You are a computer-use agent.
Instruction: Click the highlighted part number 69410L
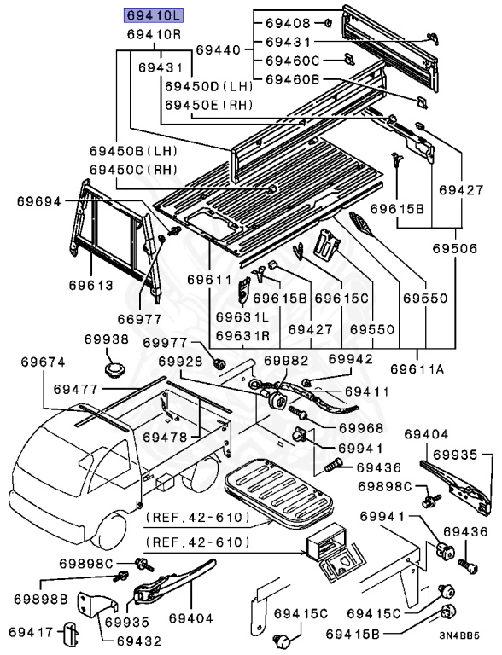(154, 16)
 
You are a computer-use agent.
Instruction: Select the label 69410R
(155, 34)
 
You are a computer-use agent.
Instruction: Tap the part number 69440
(219, 50)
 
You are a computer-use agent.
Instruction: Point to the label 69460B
(293, 79)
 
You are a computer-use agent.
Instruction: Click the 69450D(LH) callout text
(209, 86)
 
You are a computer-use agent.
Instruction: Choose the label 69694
(39, 202)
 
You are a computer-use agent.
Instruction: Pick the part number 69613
(91, 286)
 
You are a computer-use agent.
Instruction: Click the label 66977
(139, 319)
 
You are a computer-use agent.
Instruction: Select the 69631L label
(242, 317)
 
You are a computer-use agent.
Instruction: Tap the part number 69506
(455, 248)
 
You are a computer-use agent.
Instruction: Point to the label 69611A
(417, 369)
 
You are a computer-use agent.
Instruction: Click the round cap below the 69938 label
(114, 370)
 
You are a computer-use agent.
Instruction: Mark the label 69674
(43, 362)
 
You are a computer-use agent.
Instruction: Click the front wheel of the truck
(109, 530)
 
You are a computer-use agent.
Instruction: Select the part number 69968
(361, 428)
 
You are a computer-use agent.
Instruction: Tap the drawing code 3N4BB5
(459, 636)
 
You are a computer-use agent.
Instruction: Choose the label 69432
(138, 641)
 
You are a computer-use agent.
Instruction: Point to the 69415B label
(353, 635)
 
